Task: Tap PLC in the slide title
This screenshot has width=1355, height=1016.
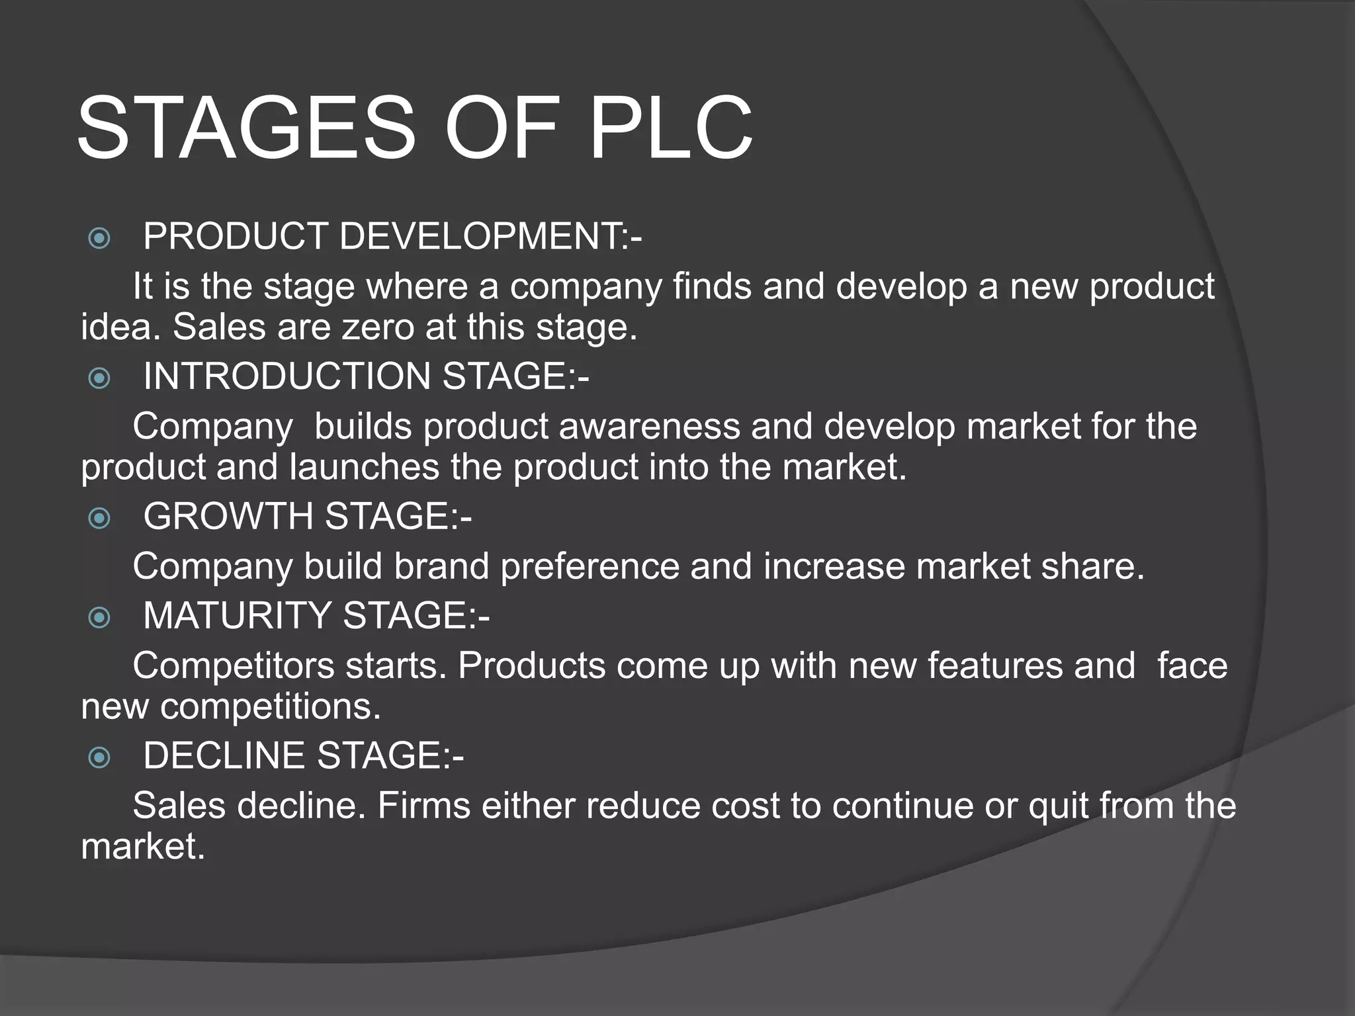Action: click(670, 128)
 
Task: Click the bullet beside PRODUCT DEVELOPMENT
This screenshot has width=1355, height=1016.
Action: click(99, 238)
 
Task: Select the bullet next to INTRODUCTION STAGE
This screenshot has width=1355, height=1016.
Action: click(99, 378)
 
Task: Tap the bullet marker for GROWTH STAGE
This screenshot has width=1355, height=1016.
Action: click(99, 518)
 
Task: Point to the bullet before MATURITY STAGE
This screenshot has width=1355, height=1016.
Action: click(99, 618)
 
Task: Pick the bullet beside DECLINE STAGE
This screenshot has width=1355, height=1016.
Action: click(99, 757)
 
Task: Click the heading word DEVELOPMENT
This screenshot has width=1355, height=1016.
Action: click(490, 236)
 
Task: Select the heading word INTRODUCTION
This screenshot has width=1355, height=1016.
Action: click(287, 376)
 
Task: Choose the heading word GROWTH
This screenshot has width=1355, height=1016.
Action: click(229, 516)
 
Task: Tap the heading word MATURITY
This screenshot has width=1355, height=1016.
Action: click(238, 616)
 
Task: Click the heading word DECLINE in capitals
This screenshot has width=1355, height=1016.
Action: click(224, 755)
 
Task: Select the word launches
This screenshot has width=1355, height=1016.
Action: click(365, 467)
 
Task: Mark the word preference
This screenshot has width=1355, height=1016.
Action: click(590, 567)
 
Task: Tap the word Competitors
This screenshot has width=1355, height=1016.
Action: click(234, 666)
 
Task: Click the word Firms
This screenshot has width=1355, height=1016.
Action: click(423, 806)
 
